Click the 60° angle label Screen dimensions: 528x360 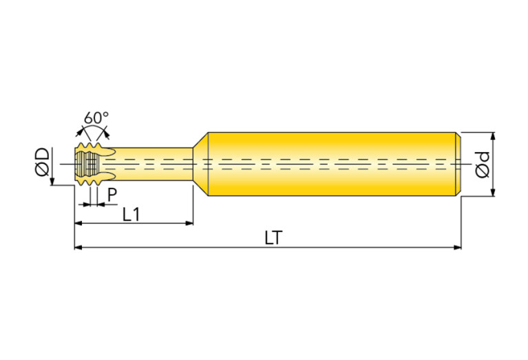pyautogui.click(x=96, y=118)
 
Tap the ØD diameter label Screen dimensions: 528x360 pyautogui.click(x=43, y=162)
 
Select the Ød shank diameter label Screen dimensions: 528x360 pyautogui.click(x=482, y=165)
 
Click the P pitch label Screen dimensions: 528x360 pyautogui.click(x=112, y=195)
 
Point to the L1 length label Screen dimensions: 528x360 pyautogui.click(x=131, y=215)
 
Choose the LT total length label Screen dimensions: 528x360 pyautogui.click(x=273, y=238)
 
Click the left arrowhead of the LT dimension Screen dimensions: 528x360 pyautogui.click(x=78, y=248)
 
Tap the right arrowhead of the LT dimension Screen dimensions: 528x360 pyautogui.click(x=457, y=248)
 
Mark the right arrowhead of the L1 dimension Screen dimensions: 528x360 pyautogui.click(x=189, y=223)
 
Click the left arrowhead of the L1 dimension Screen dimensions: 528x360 pyautogui.click(x=78, y=223)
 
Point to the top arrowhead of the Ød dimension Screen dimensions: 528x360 pyautogui.click(x=493, y=136)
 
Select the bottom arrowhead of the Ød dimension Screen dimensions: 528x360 pyautogui.click(x=493, y=192)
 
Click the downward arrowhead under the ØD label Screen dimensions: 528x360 pyautogui.click(x=52, y=181)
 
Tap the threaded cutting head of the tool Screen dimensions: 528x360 pyautogui.click(x=88, y=164)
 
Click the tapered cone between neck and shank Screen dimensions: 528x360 pyautogui.click(x=201, y=164)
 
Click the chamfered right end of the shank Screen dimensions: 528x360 pyautogui.click(x=458, y=164)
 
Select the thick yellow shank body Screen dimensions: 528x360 pyautogui.click(x=332, y=164)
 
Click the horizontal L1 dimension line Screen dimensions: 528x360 pyautogui.click(x=134, y=223)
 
